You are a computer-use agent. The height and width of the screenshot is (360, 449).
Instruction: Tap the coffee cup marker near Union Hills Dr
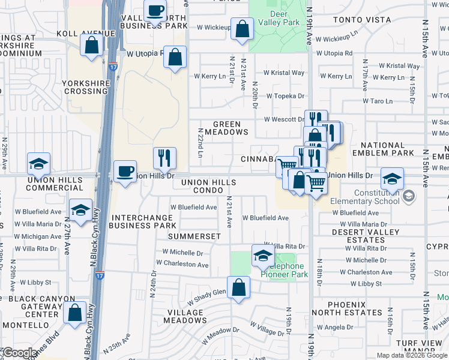[x=125, y=172]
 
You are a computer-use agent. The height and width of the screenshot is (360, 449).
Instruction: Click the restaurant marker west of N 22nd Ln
[x=164, y=158]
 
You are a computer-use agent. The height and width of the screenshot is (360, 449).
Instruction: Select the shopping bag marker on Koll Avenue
[x=91, y=45]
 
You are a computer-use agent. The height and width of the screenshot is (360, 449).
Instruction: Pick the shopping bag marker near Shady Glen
[x=239, y=287]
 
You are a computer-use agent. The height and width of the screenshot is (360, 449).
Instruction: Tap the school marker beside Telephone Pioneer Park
[x=262, y=256]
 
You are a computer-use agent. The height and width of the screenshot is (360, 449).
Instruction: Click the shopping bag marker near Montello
[x=75, y=312]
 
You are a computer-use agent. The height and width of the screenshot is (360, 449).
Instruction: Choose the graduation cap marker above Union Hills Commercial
[x=39, y=163]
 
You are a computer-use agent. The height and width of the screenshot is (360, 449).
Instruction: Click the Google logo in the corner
[x=20, y=353]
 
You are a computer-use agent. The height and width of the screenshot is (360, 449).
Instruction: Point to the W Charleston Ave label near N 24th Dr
[x=182, y=263]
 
